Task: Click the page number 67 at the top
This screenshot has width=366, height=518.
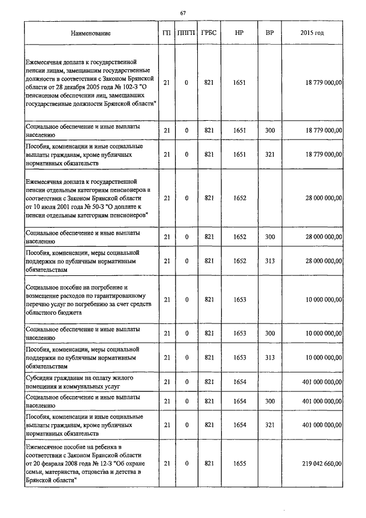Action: (183, 13)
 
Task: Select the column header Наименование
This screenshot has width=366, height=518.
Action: (90, 33)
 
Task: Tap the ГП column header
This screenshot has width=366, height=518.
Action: (166, 33)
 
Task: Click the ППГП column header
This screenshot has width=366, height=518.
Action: (186, 33)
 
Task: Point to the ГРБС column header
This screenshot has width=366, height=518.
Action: (209, 33)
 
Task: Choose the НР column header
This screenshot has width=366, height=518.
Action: (240, 33)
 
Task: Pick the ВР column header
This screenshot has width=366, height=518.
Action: (270, 33)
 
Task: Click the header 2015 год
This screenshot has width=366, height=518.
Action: (312, 33)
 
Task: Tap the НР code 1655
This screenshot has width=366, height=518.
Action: (240, 463)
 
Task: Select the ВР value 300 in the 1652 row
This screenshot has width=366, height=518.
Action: (270, 236)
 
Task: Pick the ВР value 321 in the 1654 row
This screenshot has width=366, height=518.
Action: (270, 425)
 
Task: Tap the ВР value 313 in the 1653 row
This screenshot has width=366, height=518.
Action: (270, 358)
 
